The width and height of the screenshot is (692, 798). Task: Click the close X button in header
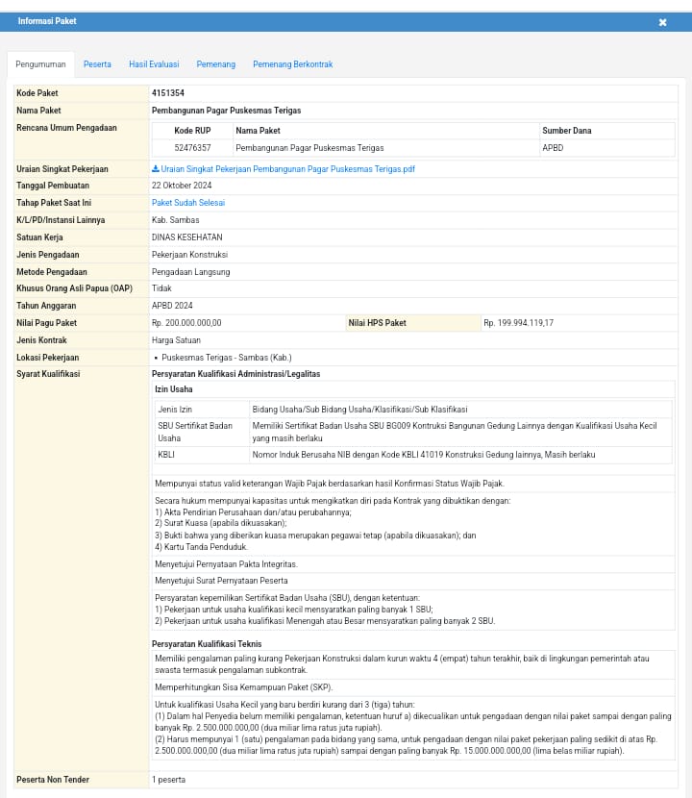662,22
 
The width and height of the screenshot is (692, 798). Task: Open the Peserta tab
97,64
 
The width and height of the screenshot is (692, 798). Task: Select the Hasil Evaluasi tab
154,64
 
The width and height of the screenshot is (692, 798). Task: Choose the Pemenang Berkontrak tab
292,64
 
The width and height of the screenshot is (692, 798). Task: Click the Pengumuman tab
40,64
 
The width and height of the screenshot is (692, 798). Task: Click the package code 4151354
168,93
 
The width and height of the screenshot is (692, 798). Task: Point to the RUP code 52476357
192,148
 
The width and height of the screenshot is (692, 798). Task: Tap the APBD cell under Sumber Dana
553,148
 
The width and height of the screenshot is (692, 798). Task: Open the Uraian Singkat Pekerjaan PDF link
284,169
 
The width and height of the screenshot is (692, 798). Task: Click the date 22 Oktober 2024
182,186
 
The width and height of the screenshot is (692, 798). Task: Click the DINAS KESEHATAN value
186,237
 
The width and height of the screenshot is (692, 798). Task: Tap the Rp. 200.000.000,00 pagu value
186,323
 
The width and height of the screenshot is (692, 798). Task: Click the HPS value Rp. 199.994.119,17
519,323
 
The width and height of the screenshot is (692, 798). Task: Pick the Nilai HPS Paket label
378,323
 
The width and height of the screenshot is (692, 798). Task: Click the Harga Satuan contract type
177,340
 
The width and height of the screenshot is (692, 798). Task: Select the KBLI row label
167,454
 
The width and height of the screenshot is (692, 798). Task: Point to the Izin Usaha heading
174,389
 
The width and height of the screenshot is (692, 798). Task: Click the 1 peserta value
168,780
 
